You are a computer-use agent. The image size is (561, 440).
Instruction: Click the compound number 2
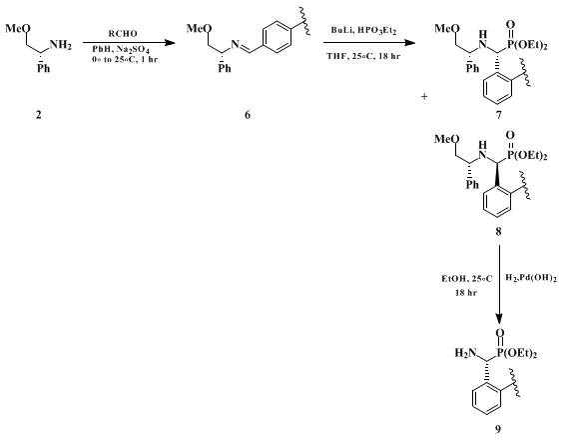click(38, 115)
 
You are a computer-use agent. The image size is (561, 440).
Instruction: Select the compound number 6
click(248, 115)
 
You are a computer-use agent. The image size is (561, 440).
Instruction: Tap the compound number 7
click(498, 115)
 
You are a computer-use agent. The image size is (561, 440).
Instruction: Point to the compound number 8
click(498, 232)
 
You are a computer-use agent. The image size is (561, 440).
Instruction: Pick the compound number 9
click(498, 429)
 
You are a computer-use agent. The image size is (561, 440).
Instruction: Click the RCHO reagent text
click(123, 34)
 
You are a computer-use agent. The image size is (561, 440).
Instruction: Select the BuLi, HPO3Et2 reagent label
click(364, 31)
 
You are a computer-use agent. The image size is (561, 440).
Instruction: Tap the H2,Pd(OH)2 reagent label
click(531, 278)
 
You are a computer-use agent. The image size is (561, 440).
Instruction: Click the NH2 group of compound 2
click(61, 45)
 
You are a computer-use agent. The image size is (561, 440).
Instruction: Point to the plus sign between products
click(424, 96)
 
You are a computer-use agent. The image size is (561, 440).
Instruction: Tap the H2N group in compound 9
click(466, 353)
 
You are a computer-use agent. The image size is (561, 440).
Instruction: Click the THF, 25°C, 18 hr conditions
click(363, 56)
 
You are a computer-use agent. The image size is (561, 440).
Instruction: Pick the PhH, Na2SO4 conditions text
click(121, 49)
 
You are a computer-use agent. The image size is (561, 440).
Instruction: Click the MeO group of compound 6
click(198, 28)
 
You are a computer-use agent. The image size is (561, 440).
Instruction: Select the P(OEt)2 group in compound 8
click(528, 155)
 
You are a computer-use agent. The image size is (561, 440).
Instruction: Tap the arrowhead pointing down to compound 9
click(499, 319)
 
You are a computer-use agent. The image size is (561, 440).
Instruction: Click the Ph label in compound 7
click(472, 68)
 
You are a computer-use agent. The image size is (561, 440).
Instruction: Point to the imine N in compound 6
click(235, 44)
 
